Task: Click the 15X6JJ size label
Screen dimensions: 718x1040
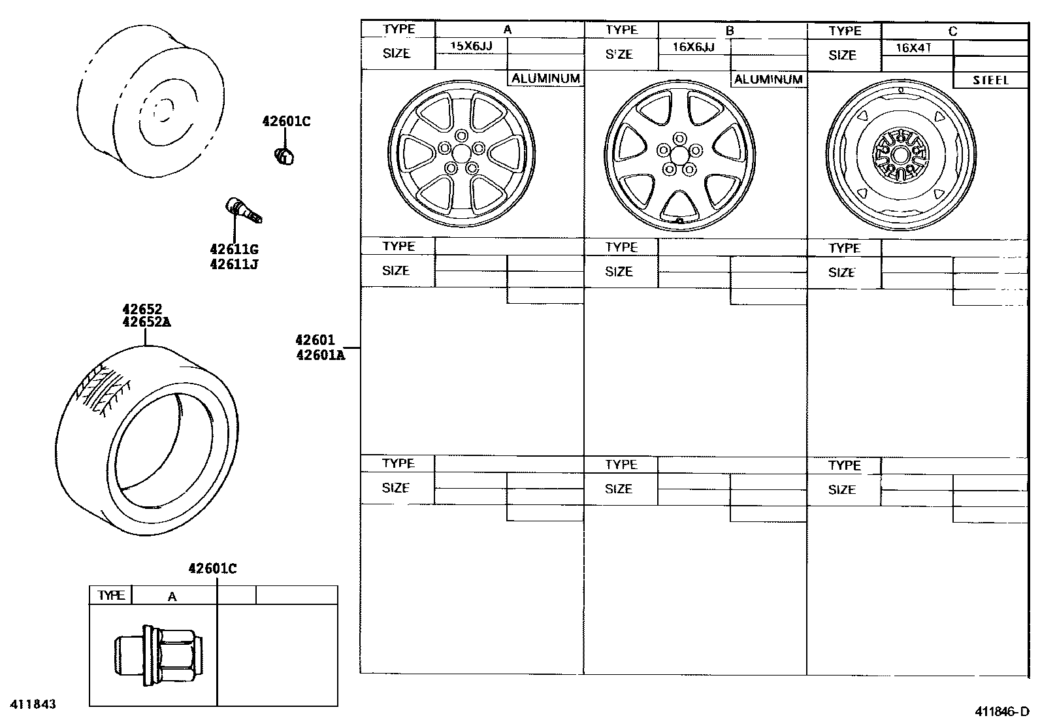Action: tap(471, 46)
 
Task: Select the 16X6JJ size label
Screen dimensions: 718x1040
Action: tap(693, 47)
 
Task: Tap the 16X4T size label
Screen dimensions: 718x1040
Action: tap(913, 48)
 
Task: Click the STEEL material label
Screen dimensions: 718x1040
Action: tap(990, 80)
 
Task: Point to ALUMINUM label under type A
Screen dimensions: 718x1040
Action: tap(545, 78)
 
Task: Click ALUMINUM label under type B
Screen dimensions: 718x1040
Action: tap(768, 79)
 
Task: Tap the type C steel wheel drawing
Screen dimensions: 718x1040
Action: tap(902, 155)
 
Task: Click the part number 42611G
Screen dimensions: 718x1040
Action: tap(234, 250)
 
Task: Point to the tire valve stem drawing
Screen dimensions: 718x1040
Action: tap(243, 210)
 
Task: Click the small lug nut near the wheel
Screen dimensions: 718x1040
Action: tap(284, 156)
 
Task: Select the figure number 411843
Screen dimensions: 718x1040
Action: tap(32, 704)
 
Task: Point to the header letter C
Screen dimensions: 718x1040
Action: tap(952, 31)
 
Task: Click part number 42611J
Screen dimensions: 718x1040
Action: tap(234, 265)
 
